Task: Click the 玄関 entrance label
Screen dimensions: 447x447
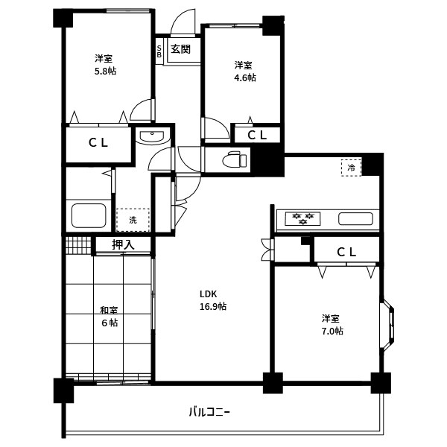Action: [x=180, y=49]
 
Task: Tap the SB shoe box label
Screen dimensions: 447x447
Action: [x=159, y=51]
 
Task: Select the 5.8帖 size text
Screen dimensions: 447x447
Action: [x=105, y=71]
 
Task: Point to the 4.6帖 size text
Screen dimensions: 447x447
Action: [x=245, y=77]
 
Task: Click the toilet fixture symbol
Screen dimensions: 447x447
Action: [x=235, y=160]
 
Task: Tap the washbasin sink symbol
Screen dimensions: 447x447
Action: [x=152, y=137]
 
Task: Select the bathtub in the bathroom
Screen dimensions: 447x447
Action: [x=89, y=215]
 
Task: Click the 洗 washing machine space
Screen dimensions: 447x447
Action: [x=133, y=220]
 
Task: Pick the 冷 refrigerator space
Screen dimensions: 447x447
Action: [x=351, y=168]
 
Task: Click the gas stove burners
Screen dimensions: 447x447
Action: [x=302, y=218]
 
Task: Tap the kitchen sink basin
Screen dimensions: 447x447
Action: [x=355, y=219]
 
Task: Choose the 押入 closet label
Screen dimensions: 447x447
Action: [x=123, y=244]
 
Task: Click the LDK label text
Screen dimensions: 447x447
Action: [x=208, y=294]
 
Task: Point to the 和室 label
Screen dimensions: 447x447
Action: [x=109, y=310]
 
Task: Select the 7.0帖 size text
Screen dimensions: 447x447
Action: [x=332, y=331]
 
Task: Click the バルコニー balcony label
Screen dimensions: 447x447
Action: [x=209, y=412]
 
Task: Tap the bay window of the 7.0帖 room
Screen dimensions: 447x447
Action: [x=387, y=325]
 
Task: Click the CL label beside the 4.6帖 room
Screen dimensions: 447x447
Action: [x=257, y=136]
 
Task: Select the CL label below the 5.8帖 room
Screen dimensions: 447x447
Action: [x=98, y=142]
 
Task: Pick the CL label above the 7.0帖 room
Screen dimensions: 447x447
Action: [x=346, y=252]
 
